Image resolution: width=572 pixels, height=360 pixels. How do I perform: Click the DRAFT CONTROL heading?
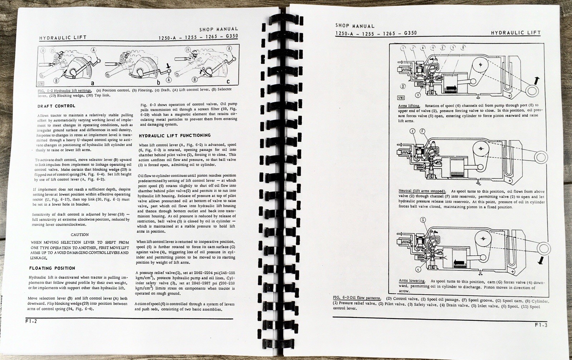point(56,106)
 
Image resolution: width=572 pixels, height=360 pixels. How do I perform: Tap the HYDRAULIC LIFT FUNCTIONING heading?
point(174,135)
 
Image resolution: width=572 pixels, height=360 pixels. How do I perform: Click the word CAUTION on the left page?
point(79,235)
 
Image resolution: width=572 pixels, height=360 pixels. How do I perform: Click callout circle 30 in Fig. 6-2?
point(43,51)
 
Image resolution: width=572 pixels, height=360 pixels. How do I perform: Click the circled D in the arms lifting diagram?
point(403,86)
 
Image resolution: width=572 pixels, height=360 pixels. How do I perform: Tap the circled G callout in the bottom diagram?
point(423,220)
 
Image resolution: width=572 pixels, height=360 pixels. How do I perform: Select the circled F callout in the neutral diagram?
point(422,132)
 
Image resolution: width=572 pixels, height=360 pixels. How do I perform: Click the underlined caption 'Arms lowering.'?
point(412,281)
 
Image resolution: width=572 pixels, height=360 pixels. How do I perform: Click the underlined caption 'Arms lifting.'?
point(409,106)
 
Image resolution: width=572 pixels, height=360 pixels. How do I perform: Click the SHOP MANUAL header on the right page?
point(355,26)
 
